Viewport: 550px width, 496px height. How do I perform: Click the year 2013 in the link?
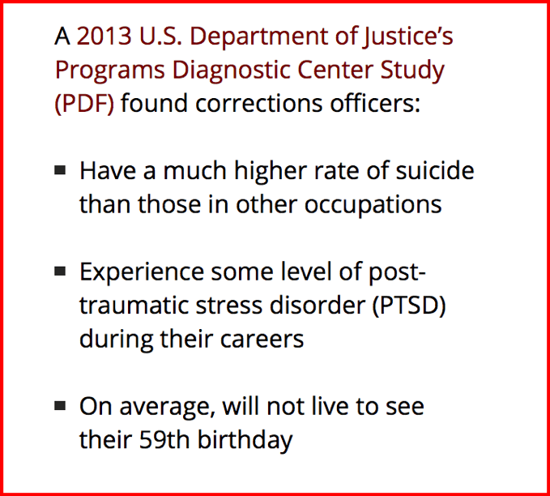[104, 36]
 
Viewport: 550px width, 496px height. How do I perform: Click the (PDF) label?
[84, 105]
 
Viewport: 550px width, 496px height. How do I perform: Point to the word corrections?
[259, 104]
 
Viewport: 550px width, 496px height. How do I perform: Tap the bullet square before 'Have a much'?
[60, 170]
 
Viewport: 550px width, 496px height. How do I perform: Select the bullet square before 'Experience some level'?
[60, 272]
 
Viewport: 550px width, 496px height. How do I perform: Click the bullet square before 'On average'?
[60, 406]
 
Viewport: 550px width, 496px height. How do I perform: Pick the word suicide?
[435, 170]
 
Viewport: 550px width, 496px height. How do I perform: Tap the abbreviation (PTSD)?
[408, 306]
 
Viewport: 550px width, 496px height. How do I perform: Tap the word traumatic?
[134, 306]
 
